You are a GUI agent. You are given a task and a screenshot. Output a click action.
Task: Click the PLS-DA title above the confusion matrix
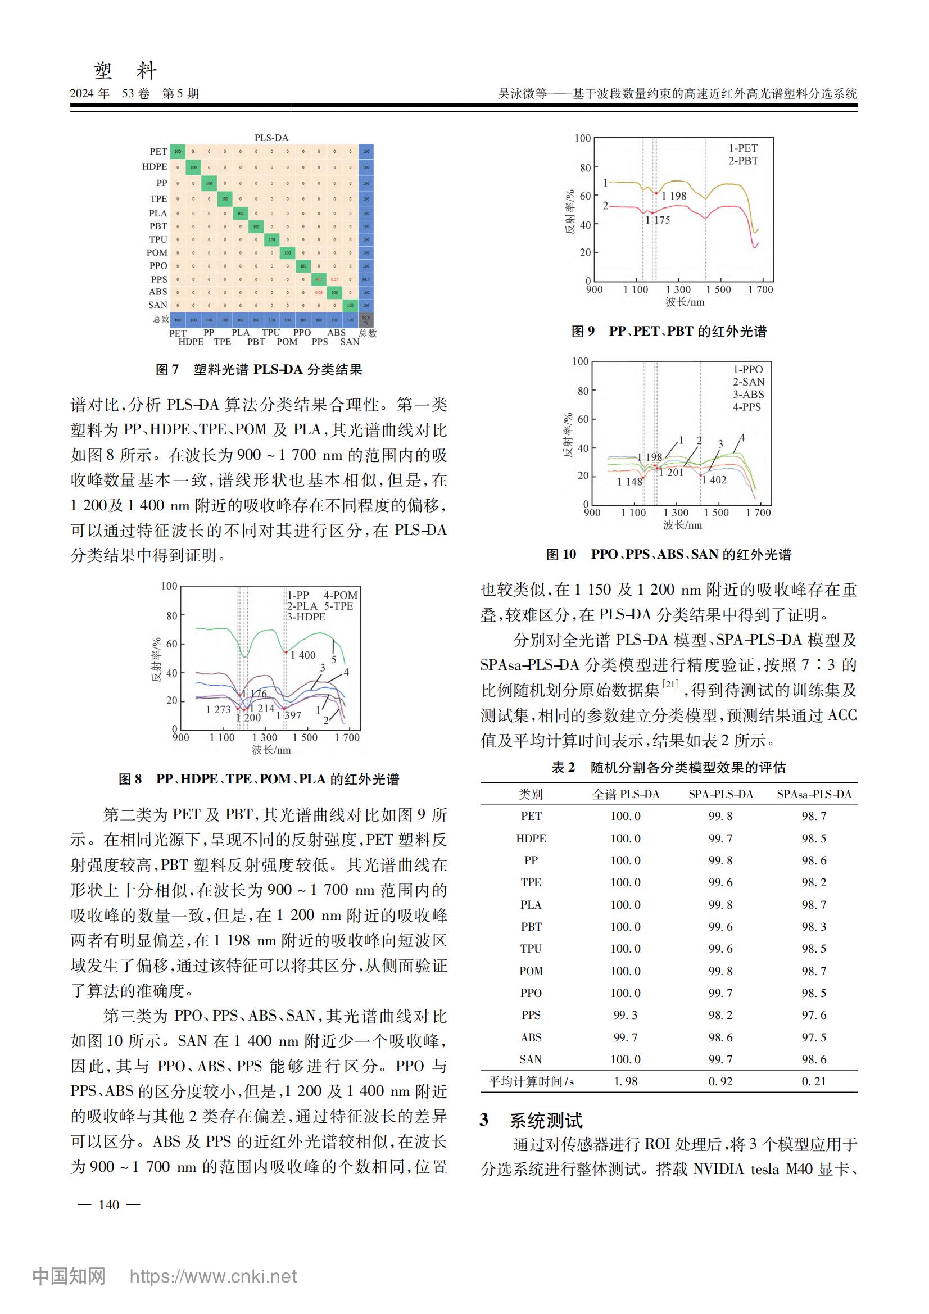[x=271, y=138]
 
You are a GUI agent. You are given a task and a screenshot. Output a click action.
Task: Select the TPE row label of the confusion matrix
[x=158, y=198]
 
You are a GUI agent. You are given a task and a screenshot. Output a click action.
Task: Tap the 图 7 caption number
[x=167, y=370]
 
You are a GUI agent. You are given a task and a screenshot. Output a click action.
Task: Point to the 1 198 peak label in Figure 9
[x=674, y=196]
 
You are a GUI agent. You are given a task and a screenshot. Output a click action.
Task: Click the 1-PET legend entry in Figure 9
[x=743, y=148]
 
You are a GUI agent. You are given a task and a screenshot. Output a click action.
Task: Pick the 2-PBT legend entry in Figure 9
[x=743, y=161]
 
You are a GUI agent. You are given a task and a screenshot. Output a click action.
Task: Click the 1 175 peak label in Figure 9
[x=658, y=220]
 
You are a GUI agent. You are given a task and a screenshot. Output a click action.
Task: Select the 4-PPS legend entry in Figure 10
[x=747, y=407]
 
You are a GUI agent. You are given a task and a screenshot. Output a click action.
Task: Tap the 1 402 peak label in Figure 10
[x=714, y=480]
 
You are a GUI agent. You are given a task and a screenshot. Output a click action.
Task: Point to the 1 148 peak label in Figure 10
[x=629, y=482]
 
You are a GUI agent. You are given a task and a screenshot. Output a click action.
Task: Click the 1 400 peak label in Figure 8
[x=303, y=655]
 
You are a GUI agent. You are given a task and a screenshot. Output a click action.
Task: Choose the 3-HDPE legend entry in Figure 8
[x=306, y=617]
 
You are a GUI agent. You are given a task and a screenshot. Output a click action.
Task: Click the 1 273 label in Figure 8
[x=218, y=710]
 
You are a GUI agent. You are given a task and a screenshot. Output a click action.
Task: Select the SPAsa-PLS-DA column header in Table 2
[x=813, y=794]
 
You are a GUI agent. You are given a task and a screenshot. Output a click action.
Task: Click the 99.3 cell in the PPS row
[x=625, y=1015]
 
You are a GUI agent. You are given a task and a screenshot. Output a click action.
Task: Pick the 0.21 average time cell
[x=813, y=1082]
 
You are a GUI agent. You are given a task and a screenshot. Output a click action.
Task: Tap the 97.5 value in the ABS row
[x=813, y=1037]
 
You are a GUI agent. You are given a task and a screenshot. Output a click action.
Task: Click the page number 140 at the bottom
[x=109, y=1205]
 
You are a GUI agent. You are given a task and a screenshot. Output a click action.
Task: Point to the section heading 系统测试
[x=546, y=1120]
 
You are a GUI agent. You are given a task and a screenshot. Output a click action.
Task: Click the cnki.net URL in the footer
[x=213, y=1277]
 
